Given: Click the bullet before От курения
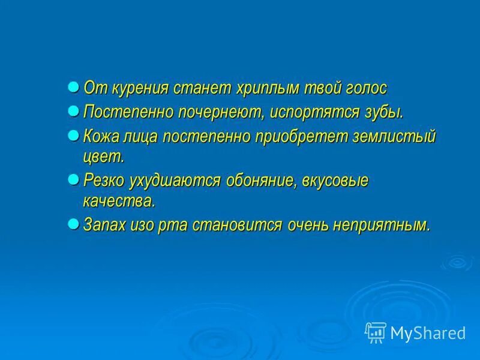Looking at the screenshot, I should point(73,86).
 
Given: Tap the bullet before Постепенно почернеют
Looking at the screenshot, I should point(73,110).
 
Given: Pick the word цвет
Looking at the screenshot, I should point(103,157).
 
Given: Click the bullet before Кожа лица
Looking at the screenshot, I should point(73,134).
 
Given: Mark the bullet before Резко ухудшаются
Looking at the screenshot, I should point(73,179).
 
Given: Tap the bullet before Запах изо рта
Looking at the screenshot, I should point(73,223).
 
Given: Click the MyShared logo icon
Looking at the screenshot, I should point(376,332).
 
